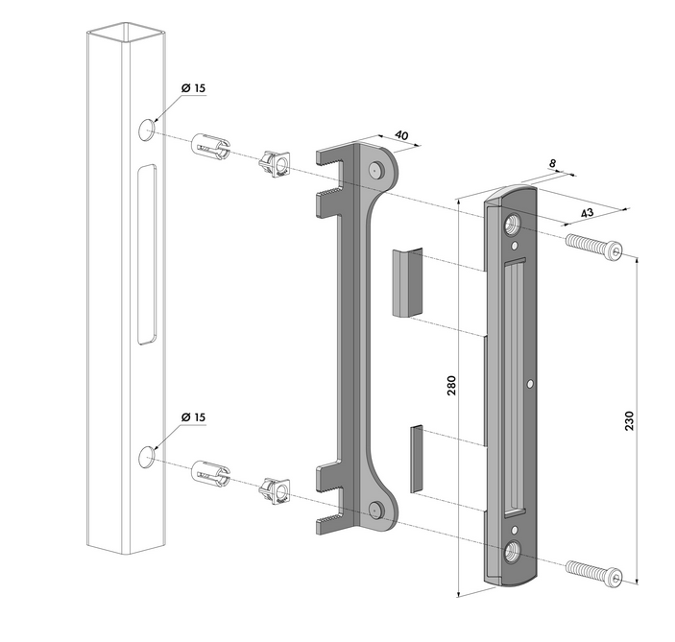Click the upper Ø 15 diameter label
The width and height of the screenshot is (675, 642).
click(x=193, y=88)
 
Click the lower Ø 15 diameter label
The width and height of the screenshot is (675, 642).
click(x=193, y=417)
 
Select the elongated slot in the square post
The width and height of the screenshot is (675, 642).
click(x=146, y=253)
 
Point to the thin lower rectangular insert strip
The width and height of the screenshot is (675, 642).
click(x=416, y=460)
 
